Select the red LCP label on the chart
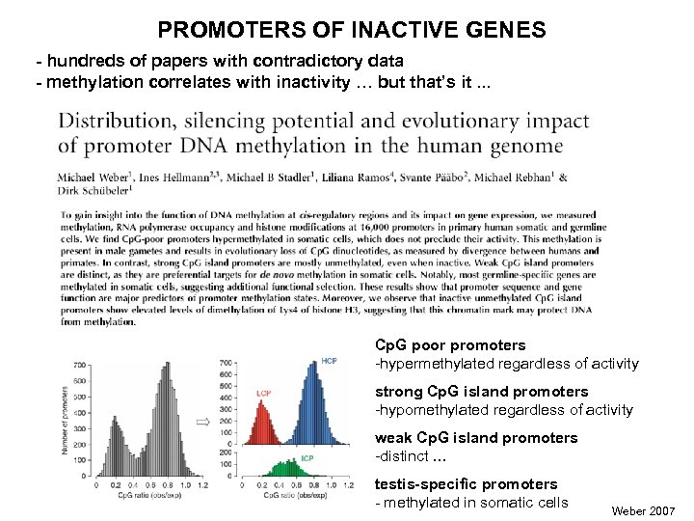(x=263, y=393)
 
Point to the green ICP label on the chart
(x=308, y=456)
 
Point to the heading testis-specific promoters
(x=466, y=483)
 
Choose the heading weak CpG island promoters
(x=475, y=437)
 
